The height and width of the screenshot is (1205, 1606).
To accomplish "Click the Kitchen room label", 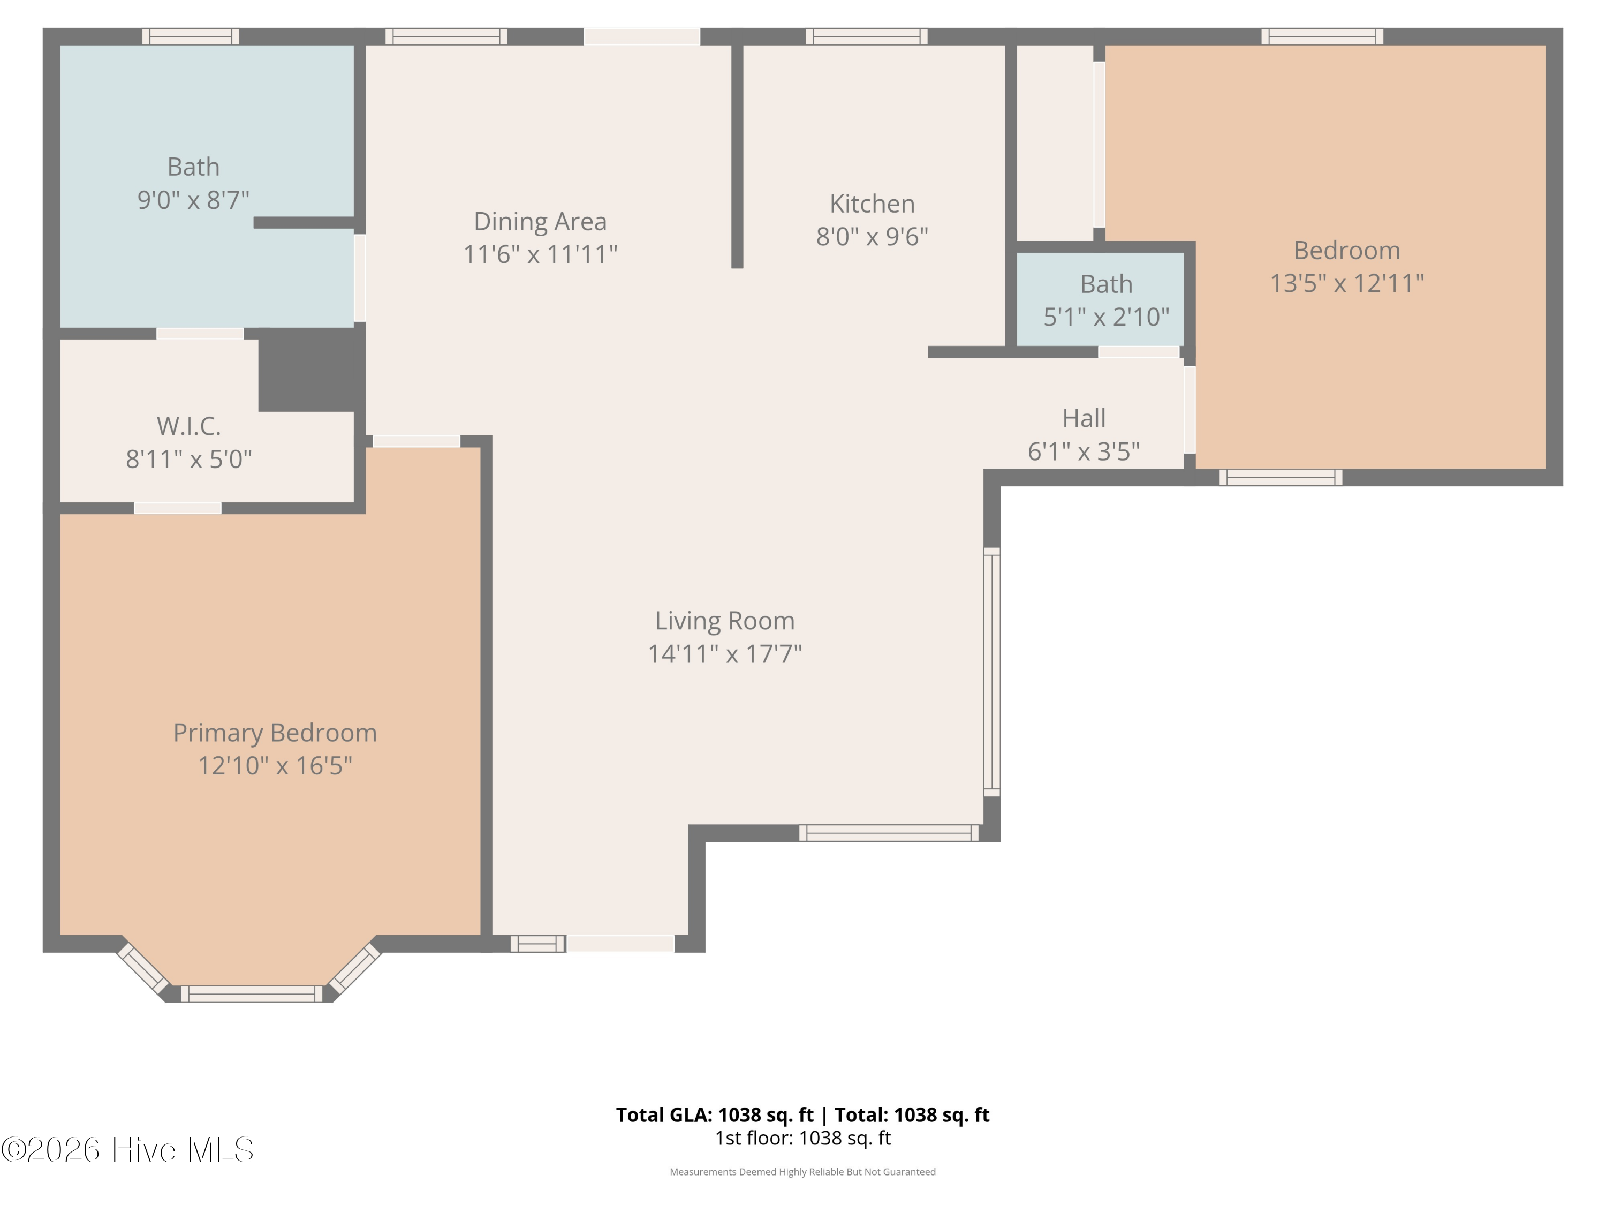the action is (x=872, y=204).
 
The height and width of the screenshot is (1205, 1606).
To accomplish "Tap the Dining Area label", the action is (x=540, y=222).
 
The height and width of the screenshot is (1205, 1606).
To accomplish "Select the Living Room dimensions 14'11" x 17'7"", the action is (x=725, y=654).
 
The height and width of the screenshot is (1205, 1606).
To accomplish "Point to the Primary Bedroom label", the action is (x=275, y=733).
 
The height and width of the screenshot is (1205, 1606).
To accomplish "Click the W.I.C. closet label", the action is (x=189, y=426).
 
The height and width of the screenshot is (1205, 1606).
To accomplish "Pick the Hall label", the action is (x=1084, y=418).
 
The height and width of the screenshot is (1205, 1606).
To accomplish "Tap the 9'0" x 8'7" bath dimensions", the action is (x=193, y=200).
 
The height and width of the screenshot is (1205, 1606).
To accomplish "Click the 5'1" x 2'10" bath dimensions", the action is (x=1107, y=317).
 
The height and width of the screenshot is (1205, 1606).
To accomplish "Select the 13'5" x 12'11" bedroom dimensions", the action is (x=1347, y=283).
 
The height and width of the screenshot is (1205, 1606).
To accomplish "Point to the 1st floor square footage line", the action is (x=803, y=1138).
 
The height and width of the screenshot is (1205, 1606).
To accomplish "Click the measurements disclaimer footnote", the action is (x=803, y=1172).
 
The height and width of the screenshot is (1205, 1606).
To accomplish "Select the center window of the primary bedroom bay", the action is (x=251, y=993).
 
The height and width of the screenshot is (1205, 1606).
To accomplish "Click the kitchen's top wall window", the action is (x=867, y=36).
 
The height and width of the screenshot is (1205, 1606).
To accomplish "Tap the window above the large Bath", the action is (x=190, y=36).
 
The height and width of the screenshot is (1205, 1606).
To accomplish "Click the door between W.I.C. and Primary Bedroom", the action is (x=178, y=508).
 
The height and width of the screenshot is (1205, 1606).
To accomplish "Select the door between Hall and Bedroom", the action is (x=1190, y=410).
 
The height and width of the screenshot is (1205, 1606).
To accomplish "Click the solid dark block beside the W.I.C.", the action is (x=312, y=370).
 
